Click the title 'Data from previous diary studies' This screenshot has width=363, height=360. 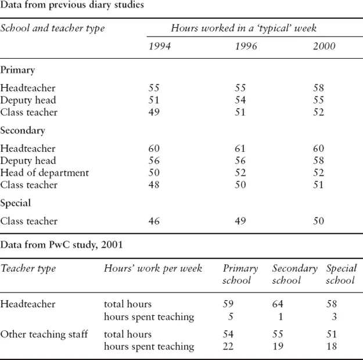72,5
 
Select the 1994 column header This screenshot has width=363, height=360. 160,46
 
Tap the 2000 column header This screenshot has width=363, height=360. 324,46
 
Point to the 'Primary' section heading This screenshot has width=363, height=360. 17,70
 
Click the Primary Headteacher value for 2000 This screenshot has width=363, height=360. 318,88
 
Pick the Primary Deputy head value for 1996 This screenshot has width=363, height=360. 240,101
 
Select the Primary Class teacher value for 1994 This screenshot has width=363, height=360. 154,112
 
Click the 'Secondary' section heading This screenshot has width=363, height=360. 23,131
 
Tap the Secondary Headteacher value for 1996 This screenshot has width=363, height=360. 240,149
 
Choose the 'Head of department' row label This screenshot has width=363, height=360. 45,173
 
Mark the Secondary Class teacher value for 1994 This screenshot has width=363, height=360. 154,185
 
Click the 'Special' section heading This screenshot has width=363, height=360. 16,204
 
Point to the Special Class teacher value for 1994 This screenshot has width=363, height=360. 154,221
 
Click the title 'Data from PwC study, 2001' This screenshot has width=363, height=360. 62,245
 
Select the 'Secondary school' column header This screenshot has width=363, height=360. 294,274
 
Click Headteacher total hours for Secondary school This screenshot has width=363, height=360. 279,304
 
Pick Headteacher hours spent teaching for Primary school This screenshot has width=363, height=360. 232,317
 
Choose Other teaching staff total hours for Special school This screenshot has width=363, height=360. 331,334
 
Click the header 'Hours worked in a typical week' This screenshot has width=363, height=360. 243,28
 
